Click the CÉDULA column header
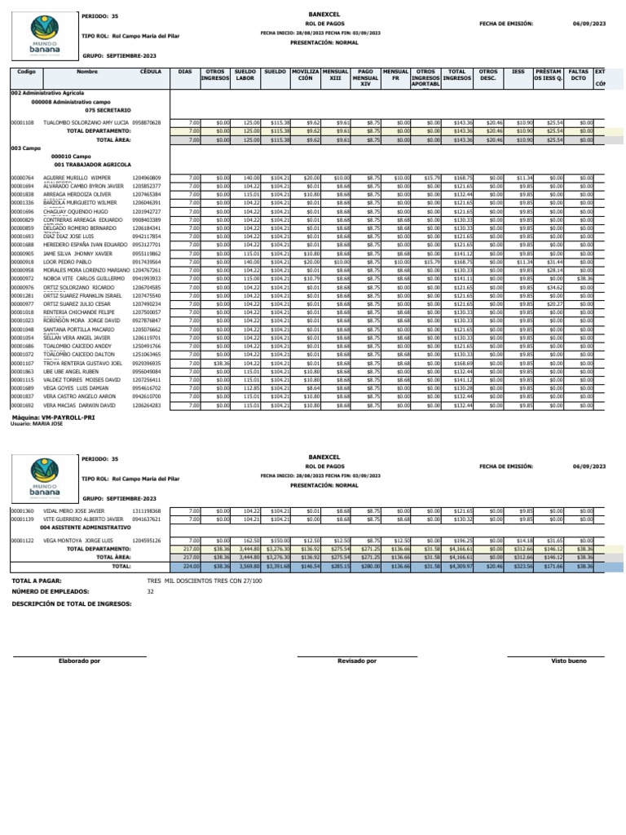click(x=149, y=72)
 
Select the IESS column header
click(x=518, y=72)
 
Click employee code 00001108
click(x=22, y=122)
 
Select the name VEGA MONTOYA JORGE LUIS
click(x=78, y=541)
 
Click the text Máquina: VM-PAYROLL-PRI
click(x=55, y=417)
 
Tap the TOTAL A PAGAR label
click(x=37, y=580)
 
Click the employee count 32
click(x=150, y=591)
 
